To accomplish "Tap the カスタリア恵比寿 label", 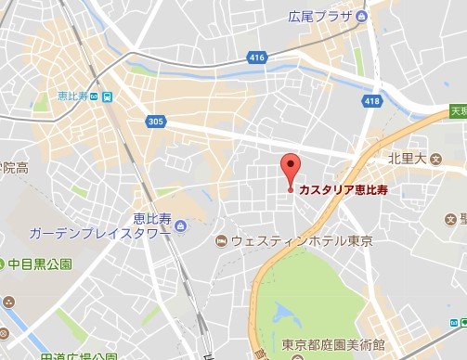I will pos(344,191).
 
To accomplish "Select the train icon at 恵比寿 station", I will pos(109,96).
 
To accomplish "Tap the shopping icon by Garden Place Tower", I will pos(179,224).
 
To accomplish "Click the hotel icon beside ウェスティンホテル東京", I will pos(221,241).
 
